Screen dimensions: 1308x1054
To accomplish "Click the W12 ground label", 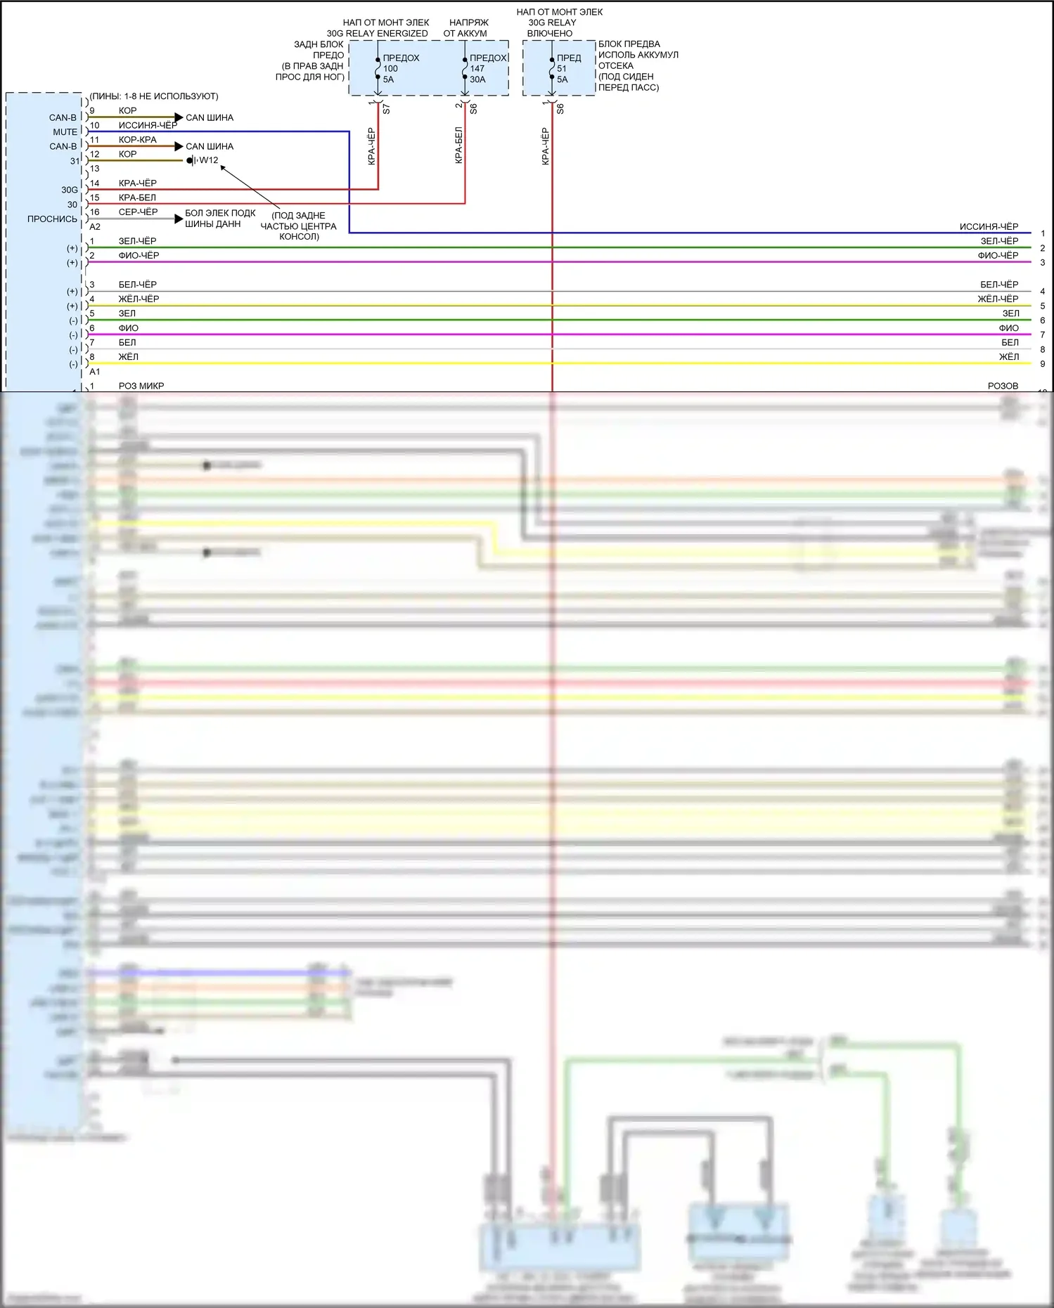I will [x=209, y=160].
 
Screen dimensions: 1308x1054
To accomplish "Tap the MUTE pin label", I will [x=65, y=132].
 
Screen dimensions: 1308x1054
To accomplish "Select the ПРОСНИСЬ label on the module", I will [x=52, y=219].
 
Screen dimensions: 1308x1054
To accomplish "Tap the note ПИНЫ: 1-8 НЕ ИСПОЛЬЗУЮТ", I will [x=154, y=96].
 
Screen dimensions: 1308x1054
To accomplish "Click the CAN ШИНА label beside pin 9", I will [x=210, y=118].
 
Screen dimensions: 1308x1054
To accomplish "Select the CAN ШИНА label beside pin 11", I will [x=210, y=147].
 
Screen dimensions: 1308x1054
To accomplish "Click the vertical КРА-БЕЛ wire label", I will [x=459, y=145].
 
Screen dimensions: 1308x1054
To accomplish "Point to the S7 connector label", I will [x=386, y=109].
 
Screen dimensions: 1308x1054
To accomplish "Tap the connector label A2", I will [x=95, y=227].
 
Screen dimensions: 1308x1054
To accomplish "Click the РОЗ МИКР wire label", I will [x=141, y=386].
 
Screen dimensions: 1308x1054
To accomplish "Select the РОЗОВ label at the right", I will [x=1003, y=386].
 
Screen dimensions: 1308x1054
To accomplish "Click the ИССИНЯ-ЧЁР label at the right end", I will [x=989, y=226].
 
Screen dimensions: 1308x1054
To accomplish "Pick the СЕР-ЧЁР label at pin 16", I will [x=138, y=212].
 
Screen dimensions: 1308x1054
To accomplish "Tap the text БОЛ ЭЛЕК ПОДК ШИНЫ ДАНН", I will [x=220, y=219].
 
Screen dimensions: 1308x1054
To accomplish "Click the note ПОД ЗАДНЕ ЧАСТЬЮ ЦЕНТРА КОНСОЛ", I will [x=299, y=226].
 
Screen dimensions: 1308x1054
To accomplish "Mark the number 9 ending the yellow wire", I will [x=1043, y=364].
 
